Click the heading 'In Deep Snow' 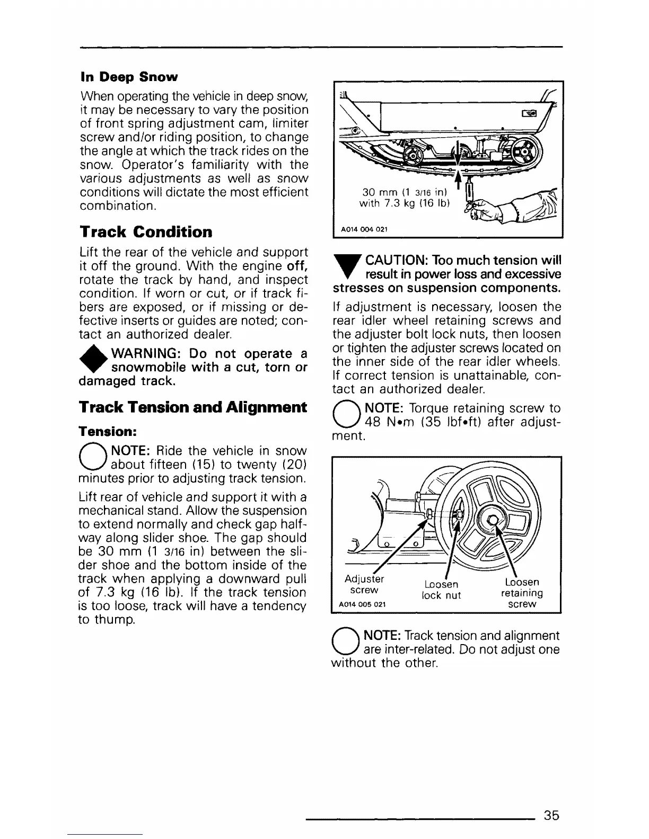pyautogui.click(x=129, y=77)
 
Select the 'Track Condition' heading pyautogui.click(x=146, y=232)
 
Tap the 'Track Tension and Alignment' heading pyautogui.click(x=193, y=407)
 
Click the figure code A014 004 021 pyautogui.click(x=364, y=229)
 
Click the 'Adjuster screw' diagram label pyautogui.click(x=364, y=584)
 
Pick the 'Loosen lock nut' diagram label pyautogui.click(x=441, y=590)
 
